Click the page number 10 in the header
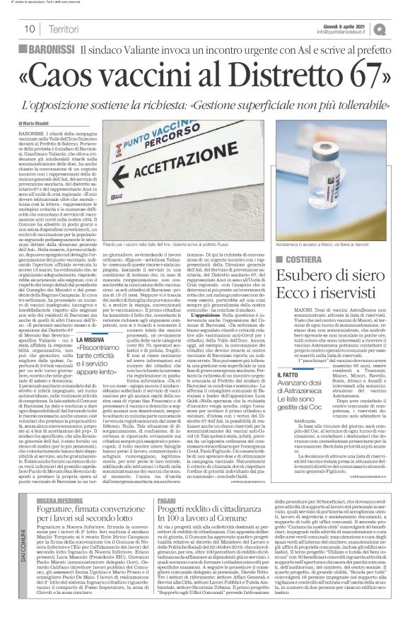tap(29, 29)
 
